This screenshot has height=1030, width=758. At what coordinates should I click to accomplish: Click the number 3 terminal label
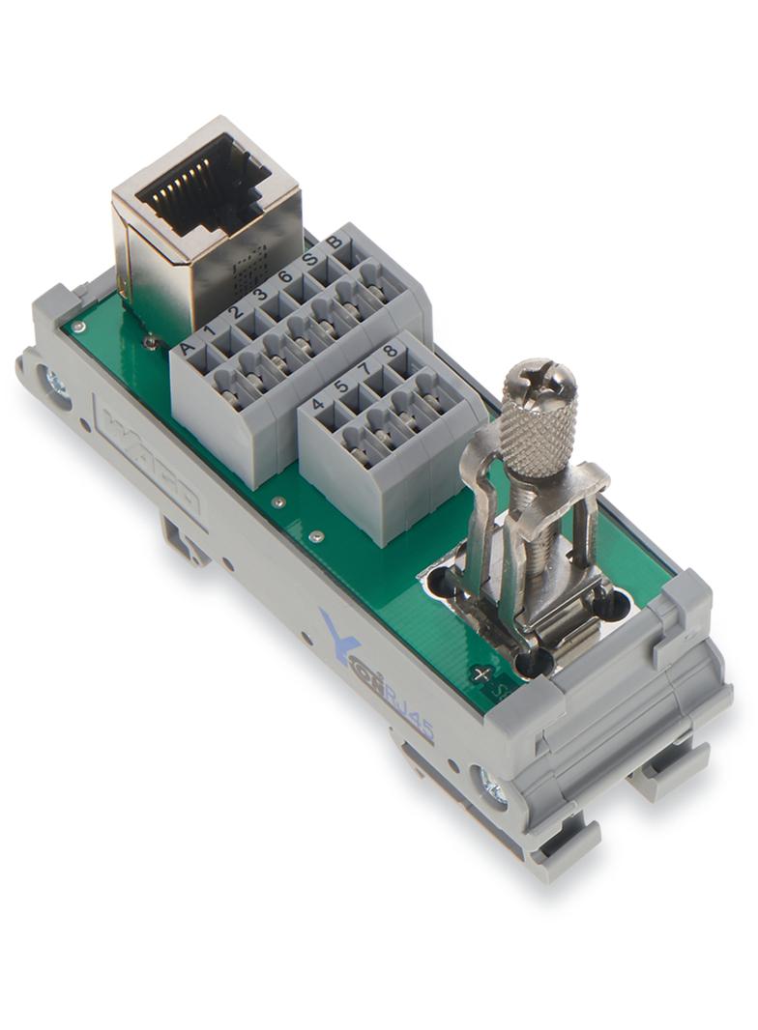[x=259, y=294]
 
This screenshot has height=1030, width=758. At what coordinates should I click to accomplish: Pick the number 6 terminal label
[x=284, y=276]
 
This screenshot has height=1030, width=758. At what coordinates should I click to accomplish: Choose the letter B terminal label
[x=334, y=243]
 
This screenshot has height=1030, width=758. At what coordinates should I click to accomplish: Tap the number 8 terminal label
[x=390, y=351]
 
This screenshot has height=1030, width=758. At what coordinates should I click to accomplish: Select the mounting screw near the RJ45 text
[x=490, y=787]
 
